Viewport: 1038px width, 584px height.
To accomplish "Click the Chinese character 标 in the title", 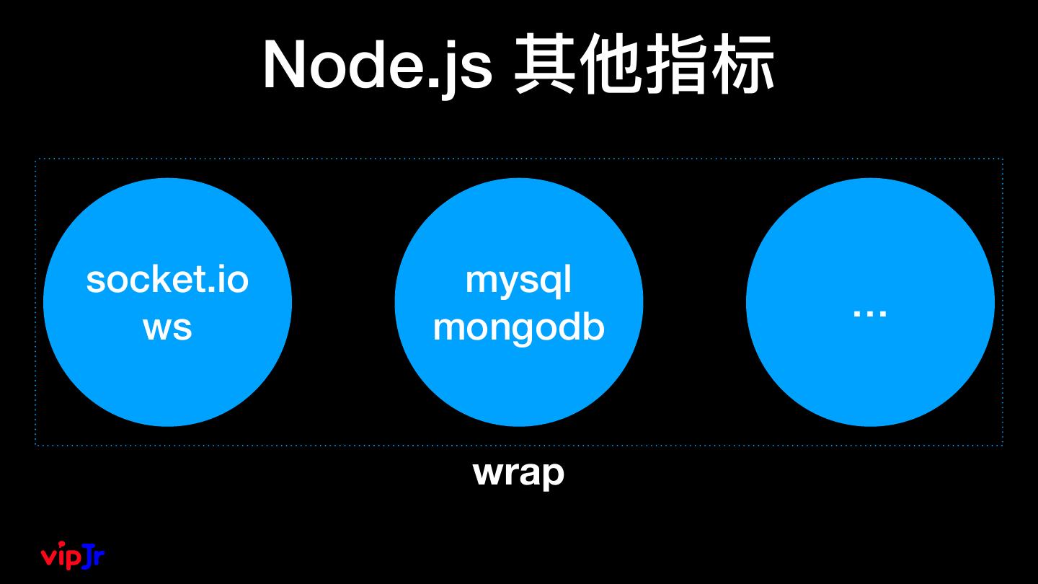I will pos(742,66).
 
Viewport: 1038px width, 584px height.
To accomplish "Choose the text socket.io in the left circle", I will pos(167,280).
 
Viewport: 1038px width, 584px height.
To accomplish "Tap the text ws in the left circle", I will pos(167,327).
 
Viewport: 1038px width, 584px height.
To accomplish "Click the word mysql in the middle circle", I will pos(518,280).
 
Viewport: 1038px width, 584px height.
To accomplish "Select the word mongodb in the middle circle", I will pos(518,327).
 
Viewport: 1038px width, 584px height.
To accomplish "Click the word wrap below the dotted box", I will pos(518,473).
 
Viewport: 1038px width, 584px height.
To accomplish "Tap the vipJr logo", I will pos(73,555).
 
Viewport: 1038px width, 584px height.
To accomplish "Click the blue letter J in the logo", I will pos(89,556).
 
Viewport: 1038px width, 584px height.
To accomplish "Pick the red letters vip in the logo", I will pos(60,557).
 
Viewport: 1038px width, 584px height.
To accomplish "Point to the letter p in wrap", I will pos(552,477).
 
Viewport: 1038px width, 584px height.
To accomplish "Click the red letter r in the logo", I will pos(100,557).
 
